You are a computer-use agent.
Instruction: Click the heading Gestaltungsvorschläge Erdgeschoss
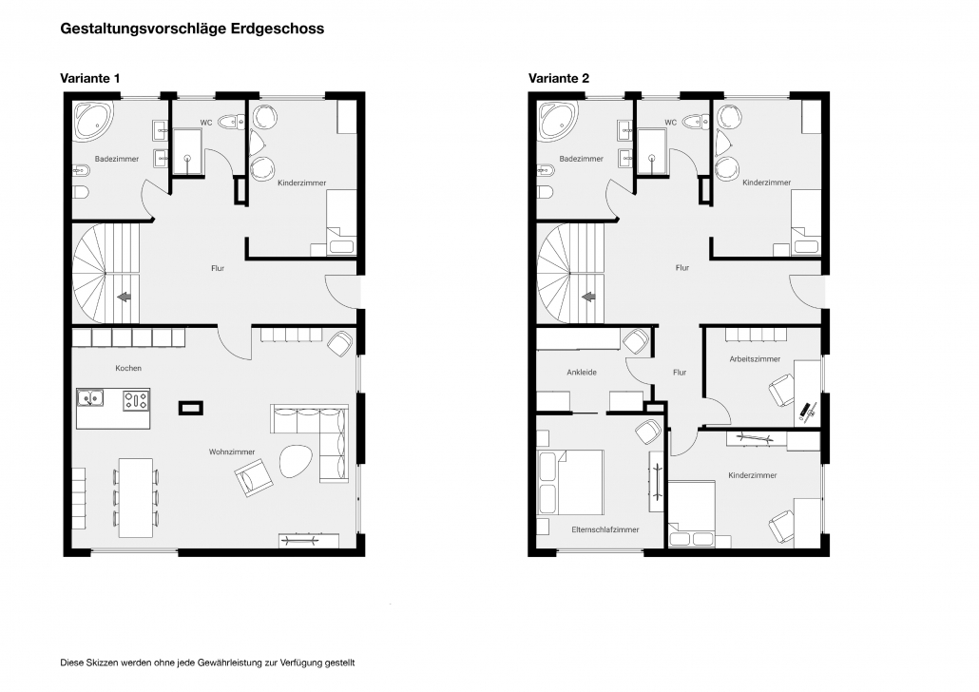(x=192, y=29)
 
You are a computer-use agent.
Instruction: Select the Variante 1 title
(x=90, y=78)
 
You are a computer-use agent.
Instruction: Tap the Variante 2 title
(x=559, y=78)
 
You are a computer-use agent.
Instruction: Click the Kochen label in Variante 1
(x=128, y=369)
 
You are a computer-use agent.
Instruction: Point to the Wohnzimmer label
(x=232, y=452)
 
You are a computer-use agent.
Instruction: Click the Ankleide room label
(x=582, y=373)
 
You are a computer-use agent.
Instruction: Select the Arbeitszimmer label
(x=755, y=359)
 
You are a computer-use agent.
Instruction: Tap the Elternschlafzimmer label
(x=605, y=529)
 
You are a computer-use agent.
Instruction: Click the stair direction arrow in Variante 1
(x=125, y=298)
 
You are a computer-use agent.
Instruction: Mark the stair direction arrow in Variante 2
(x=588, y=298)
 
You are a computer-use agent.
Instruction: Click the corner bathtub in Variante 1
(x=94, y=122)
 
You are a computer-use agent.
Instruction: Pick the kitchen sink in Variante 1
(x=91, y=398)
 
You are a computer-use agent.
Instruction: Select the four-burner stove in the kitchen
(x=136, y=400)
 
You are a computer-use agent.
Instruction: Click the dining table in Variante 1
(x=136, y=498)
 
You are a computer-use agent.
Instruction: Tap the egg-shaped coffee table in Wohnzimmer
(x=295, y=461)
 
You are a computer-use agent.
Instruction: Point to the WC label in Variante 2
(x=670, y=123)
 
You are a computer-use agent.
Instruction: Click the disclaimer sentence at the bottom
(x=207, y=663)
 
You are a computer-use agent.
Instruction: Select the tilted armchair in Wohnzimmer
(x=254, y=476)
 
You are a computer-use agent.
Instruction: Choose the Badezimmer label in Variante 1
(x=117, y=159)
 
